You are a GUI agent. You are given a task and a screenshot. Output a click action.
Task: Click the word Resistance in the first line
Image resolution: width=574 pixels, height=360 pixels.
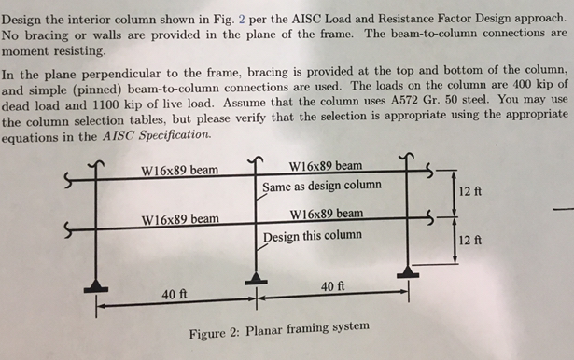373,19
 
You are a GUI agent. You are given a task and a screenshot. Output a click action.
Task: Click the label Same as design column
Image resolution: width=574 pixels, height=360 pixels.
321,186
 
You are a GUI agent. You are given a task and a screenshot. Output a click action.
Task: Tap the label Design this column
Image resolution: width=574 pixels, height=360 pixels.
306,236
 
